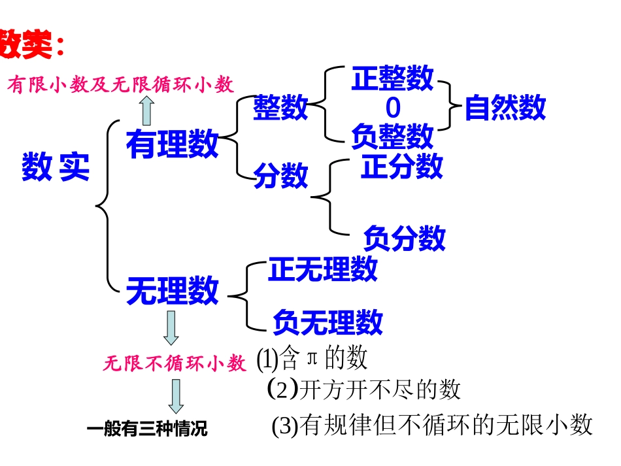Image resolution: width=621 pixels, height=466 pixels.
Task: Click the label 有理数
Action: click(x=172, y=143)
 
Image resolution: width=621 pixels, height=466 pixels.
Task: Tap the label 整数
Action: click(x=280, y=107)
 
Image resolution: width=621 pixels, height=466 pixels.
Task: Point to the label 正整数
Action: click(x=392, y=79)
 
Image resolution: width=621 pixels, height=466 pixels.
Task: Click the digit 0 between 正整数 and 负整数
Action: click(x=393, y=107)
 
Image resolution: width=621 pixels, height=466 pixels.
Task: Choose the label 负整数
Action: click(x=392, y=136)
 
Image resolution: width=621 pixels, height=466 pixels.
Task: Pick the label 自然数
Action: click(x=505, y=108)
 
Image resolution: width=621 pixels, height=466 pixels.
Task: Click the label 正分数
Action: click(x=402, y=166)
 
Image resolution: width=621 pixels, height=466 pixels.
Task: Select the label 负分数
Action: click(x=404, y=238)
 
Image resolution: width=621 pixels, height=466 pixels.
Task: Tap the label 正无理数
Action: click(x=322, y=269)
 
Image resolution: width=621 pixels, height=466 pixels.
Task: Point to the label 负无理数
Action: click(x=327, y=321)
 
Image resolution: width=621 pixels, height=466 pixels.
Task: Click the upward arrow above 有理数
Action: click(x=147, y=110)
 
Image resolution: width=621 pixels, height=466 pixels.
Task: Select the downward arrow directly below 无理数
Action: click(x=171, y=327)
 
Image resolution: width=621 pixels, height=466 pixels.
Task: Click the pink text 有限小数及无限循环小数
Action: click(x=121, y=84)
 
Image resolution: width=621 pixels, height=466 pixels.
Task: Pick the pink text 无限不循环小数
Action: click(x=175, y=363)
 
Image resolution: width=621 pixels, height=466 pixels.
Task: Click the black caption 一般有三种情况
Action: click(x=146, y=429)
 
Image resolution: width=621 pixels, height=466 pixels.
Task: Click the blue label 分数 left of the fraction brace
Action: click(x=280, y=175)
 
